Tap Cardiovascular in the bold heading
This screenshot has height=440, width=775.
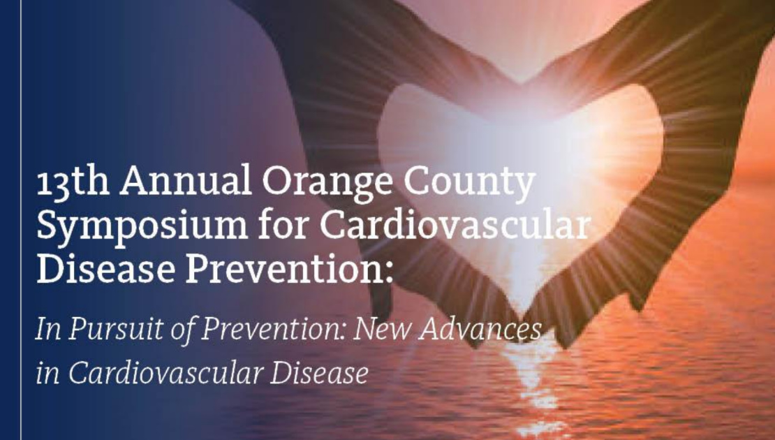(455, 225)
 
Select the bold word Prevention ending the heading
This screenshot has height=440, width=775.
(290, 269)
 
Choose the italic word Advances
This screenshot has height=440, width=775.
(480, 328)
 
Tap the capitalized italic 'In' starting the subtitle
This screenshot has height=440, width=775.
(48, 329)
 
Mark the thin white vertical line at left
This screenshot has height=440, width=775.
(21, 220)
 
